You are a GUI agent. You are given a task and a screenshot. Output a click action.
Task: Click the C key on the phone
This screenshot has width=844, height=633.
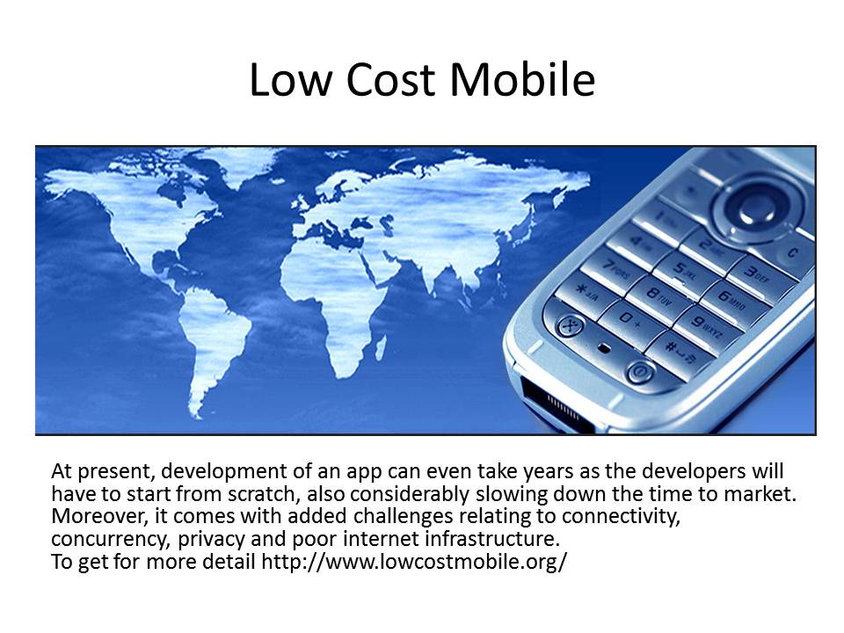click(x=795, y=253)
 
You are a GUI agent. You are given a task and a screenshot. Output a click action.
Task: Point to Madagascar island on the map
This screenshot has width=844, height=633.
click(x=380, y=348)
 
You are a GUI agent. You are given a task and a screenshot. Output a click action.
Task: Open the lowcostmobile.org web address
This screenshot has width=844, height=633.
click(x=414, y=562)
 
